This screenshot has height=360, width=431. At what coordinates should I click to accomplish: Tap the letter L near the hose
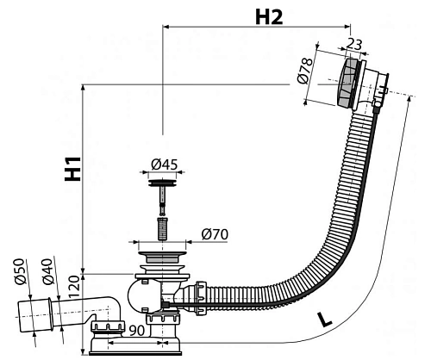tap(323, 320)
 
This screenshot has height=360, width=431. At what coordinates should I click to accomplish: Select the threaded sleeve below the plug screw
tap(161, 229)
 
